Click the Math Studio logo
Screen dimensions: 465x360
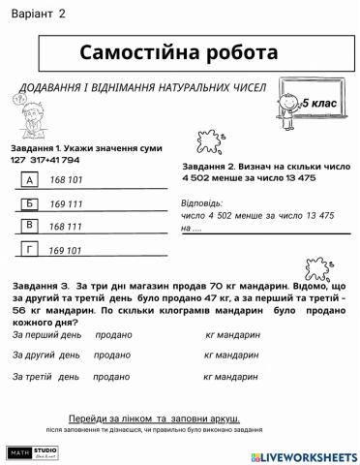click(33, 452)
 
